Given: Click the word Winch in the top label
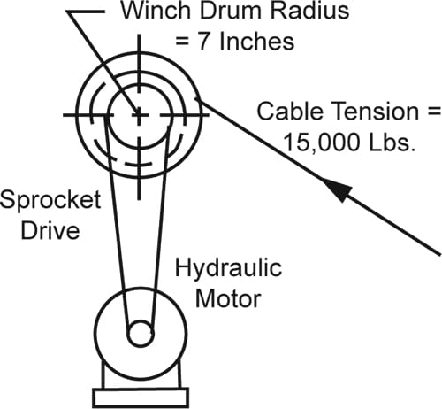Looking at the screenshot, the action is (156, 11).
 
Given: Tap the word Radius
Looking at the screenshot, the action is (310, 11).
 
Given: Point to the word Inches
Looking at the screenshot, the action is (257, 42).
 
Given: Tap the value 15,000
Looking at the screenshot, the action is (323, 143).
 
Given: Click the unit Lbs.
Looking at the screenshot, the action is (392, 143).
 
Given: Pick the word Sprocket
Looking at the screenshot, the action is (50, 200).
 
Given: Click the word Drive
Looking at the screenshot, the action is (50, 230).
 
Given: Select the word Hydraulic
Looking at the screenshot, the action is (228, 268).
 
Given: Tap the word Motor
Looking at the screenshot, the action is (228, 299).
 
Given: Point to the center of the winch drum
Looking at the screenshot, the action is (139, 114).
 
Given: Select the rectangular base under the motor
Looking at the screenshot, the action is (141, 398).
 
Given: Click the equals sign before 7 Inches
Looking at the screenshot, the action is (182, 42).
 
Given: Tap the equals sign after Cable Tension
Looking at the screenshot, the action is (434, 112).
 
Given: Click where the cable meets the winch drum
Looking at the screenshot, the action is (201, 101).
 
